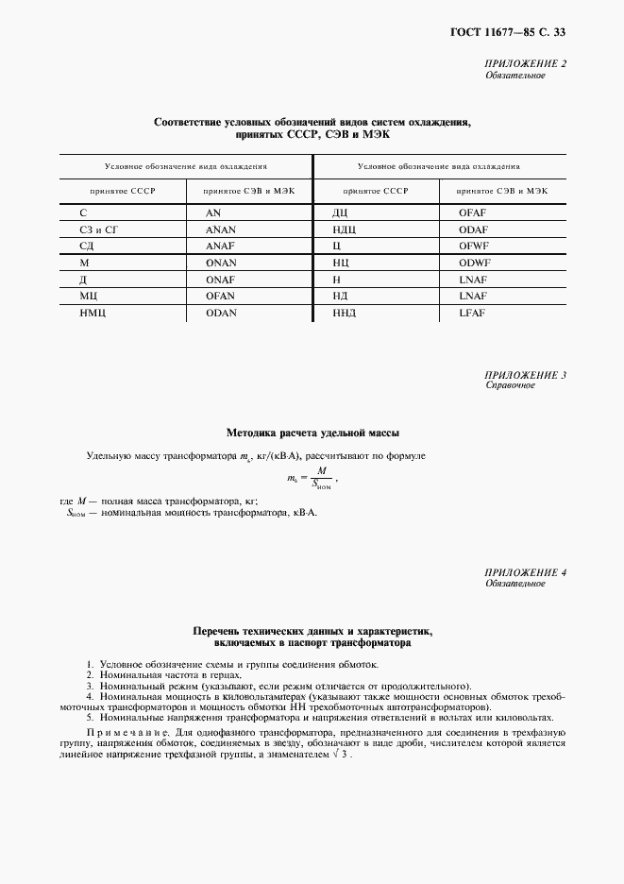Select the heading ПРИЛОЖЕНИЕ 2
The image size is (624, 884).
coord(524,64)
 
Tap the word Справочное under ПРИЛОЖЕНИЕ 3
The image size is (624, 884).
coord(510,386)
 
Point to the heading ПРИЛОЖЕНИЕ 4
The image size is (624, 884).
coord(524,572)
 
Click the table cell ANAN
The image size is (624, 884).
coord(220,229)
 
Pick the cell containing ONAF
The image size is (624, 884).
coord(220,279)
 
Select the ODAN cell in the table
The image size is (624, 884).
coord(220,313)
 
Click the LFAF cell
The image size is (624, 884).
coord(471,313)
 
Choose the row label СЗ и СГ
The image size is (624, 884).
coord(97,229)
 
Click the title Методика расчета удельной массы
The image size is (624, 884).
coord(312,433)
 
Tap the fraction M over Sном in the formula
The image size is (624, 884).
coord(321,480)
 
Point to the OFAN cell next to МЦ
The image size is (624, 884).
coord(220,296)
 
